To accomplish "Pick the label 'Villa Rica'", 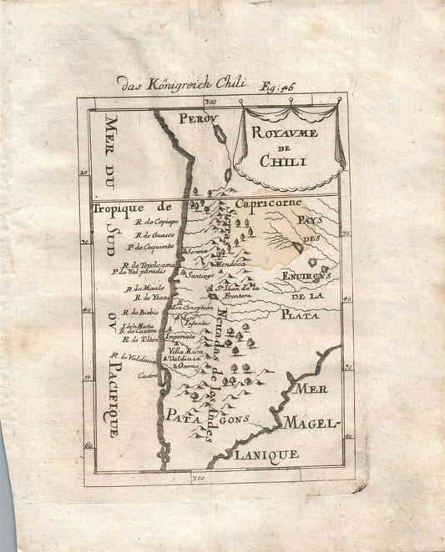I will [185, 351].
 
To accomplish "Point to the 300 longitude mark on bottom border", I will [198, 479].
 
